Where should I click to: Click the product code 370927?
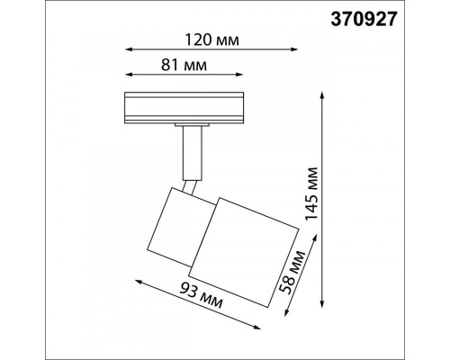point(364,20)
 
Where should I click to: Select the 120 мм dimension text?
point(212,40)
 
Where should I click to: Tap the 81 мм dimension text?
point(184,65)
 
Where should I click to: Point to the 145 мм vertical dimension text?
point(311,194)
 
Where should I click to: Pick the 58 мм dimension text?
point(292,272)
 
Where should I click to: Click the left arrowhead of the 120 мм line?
point(129,49)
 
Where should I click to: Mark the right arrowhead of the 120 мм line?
point(294,49)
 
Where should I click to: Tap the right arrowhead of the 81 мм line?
point(238,74)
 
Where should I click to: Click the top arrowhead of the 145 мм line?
point(322,95)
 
